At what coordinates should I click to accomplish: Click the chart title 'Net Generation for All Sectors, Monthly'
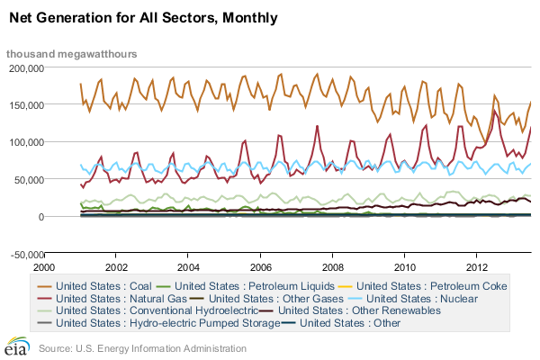pos(143,17)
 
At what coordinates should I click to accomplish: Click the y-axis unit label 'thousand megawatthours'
pos(72,54)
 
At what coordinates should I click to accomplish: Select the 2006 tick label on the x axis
pos(259,267)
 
